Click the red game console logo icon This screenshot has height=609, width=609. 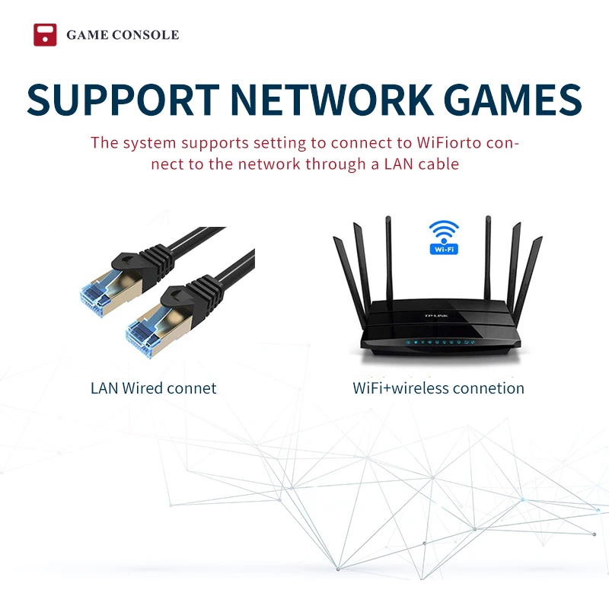click(45, 35)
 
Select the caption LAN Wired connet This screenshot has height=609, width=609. click(153, 388)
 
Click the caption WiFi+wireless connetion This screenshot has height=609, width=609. click(438, 388)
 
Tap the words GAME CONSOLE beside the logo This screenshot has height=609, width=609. click(123, 35)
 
